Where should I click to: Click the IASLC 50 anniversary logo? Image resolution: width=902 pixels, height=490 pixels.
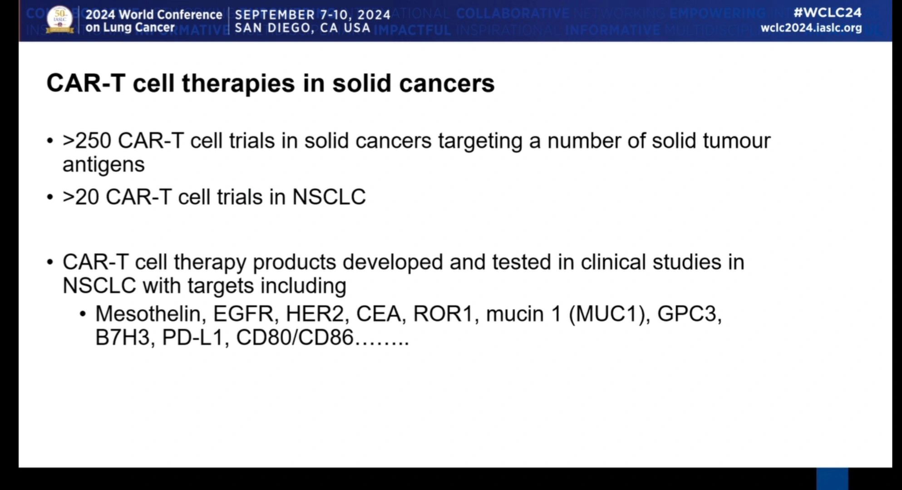point(59,20)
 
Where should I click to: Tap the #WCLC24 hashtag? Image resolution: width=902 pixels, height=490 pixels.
point(827,12)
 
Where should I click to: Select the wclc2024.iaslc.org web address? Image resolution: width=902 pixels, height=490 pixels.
point(811,28)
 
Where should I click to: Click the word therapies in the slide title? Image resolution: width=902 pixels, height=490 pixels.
point(238,84)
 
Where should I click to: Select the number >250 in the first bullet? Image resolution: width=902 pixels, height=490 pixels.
point(87,141)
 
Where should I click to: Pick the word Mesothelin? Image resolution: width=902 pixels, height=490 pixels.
point(148,314)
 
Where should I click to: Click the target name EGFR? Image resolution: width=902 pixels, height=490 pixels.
point(243,314)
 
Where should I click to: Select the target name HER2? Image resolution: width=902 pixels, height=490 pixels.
point(315,314)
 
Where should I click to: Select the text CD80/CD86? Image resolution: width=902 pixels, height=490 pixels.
point(295,338)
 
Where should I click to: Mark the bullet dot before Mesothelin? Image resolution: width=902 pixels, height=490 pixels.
point(83,314)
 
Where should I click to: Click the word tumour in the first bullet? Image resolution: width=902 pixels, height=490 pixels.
point(736,141)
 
